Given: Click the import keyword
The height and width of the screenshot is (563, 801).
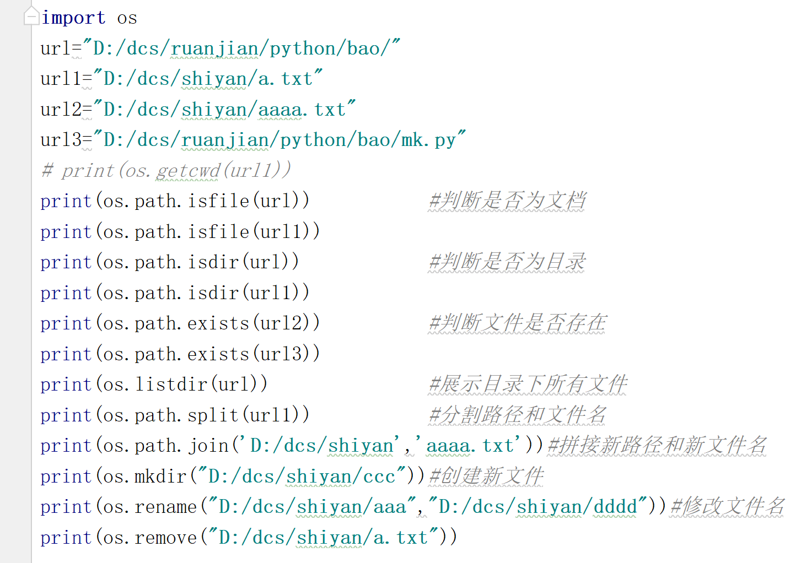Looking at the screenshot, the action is point(73,18).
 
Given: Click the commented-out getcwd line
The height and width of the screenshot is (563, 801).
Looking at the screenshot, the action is point(165,171).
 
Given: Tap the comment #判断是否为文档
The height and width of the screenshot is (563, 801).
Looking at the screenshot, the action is point(507,201).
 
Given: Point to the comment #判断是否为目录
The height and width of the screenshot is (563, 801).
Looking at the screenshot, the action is point(507,262).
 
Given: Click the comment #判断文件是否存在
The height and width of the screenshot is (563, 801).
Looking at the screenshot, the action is point(518,323).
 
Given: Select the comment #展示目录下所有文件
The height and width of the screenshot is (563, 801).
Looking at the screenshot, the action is point(528,385).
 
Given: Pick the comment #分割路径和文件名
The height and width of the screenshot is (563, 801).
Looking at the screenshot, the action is point(518,415).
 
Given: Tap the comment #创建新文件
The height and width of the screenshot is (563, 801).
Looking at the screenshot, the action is point(486,476).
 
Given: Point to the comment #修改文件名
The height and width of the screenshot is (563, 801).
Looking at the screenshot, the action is point(727,506).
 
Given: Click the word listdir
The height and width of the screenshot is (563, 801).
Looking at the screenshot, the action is point(171,385).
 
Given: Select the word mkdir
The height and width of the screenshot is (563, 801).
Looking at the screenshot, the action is point(160,476).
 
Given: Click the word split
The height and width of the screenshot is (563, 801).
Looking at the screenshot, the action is point(213,415).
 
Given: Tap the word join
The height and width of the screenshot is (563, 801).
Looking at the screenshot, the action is point(208,445).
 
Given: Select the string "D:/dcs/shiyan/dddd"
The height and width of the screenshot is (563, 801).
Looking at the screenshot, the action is point(538,506).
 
